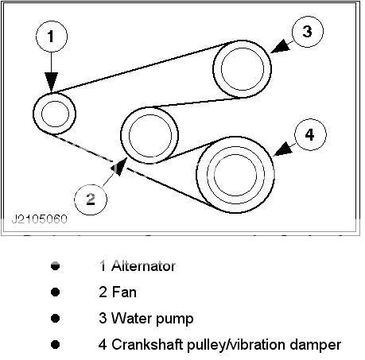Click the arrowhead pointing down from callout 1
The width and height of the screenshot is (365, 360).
tap(51, 82)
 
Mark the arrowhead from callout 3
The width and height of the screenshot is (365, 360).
tap(281, 47)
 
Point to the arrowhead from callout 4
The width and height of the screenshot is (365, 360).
tap(283, 149)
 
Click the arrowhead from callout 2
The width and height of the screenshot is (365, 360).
tap(118, 167)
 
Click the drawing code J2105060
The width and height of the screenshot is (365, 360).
tap(40, 219)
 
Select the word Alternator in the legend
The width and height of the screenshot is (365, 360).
tap(143, 266)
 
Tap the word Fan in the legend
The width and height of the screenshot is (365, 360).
tap(124, 292)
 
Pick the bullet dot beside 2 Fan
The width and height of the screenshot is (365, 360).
tap(55, 292)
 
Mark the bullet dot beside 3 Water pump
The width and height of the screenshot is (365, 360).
tap(55, 319)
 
